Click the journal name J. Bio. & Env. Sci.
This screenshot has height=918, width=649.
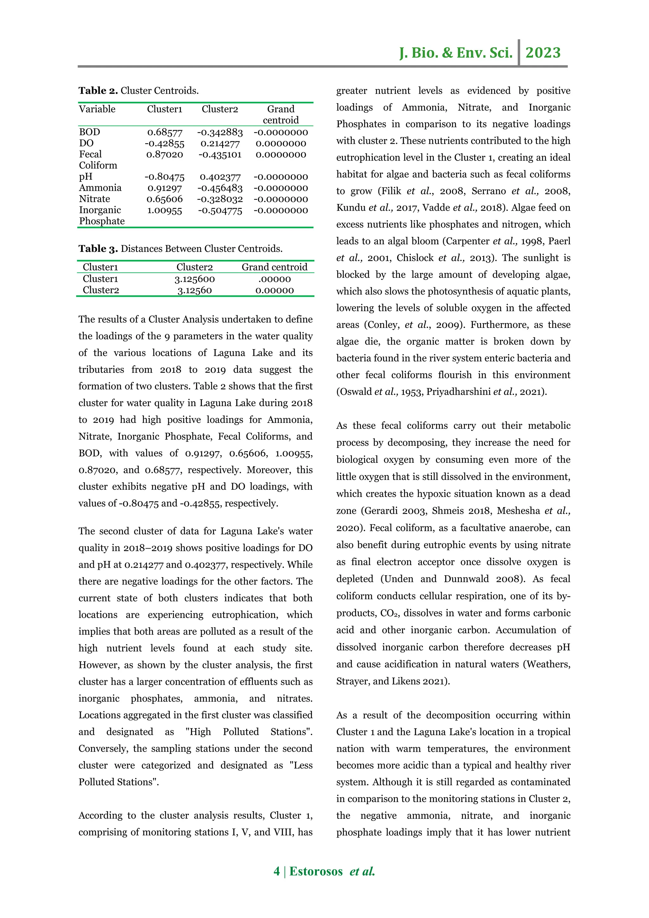(456, 53)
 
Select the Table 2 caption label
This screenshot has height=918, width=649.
(98, 91)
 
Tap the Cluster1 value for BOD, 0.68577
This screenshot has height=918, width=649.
(165, 132)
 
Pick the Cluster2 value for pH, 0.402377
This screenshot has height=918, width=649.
(220, 177)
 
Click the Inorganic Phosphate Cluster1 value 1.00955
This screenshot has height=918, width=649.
(165, 210)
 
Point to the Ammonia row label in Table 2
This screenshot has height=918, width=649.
(100, 188)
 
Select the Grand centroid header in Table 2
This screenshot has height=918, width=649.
(280, 114)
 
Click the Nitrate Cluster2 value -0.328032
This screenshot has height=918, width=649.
(220, 199)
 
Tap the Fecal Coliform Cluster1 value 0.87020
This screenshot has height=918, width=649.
(165, 155)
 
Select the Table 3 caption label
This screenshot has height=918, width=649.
(98, 249)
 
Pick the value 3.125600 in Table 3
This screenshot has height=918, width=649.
(195, 279)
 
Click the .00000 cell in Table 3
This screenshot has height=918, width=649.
(274, 279)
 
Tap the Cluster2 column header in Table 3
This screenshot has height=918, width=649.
(195, 267)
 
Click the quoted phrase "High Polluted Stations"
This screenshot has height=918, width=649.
(249, 732)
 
